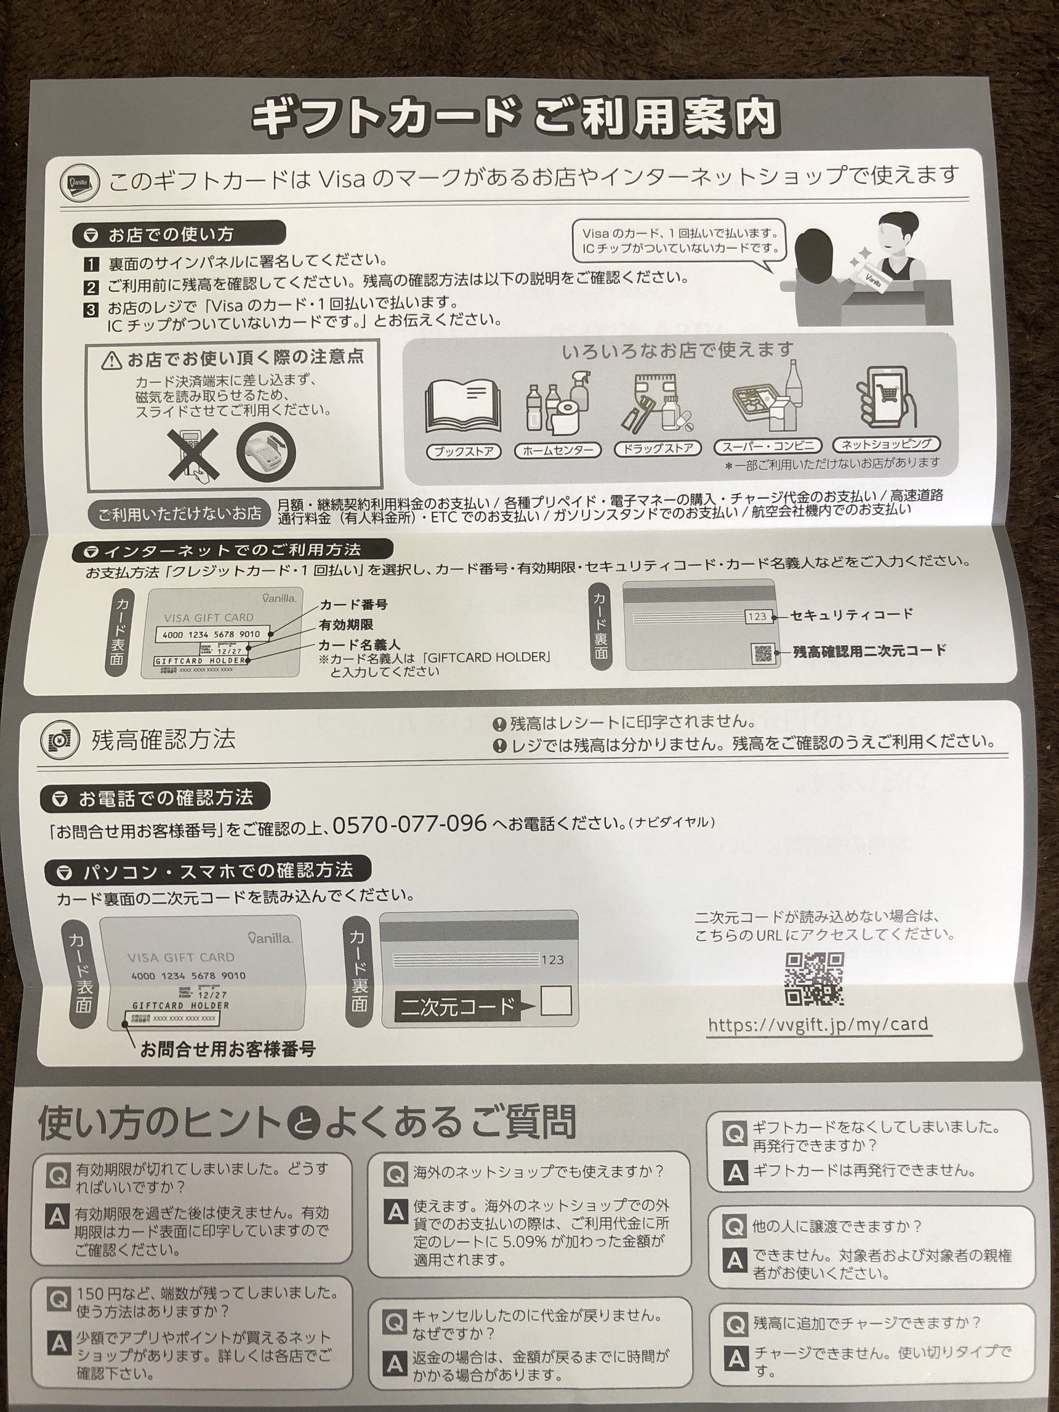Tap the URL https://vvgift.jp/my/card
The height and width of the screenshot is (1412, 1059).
tap(818, 1025)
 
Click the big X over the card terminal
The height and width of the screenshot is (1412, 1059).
tap(192, 453)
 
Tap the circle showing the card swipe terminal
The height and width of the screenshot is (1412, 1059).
tap(267, 453)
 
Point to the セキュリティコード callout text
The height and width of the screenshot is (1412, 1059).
tap(852, 615)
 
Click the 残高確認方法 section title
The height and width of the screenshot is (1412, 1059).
tap(162, 739)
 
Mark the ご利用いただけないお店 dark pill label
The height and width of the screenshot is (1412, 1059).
tap(179, 513)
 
